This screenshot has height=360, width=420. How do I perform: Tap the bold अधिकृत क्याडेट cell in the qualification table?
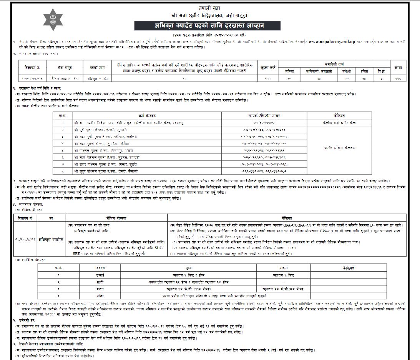coord(51,239)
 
